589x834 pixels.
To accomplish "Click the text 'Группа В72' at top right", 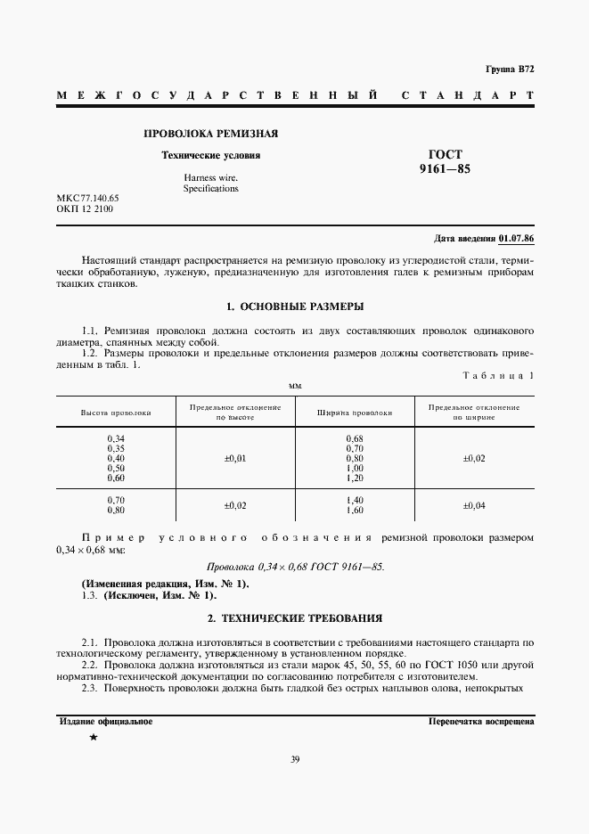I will point(510,69).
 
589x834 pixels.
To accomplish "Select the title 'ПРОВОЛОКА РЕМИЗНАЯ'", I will point(211,134).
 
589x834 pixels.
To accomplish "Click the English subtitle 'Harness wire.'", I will point(210,177).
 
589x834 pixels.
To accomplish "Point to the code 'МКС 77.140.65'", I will point(88,197).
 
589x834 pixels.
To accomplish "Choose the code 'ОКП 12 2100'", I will point(85,209).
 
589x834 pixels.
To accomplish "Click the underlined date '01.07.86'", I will point(517,239).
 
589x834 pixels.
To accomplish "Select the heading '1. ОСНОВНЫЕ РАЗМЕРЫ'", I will point(295,307).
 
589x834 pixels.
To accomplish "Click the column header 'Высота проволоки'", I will point(116,413).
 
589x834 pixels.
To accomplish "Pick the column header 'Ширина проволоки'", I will point(355,413).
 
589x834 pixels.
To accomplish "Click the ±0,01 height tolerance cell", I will point(235,458).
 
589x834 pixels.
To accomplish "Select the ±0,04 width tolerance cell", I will point(474,505).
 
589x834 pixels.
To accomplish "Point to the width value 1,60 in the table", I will point(355,511).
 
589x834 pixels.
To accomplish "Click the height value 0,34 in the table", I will point(116,438).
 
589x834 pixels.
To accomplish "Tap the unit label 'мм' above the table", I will point(295,386).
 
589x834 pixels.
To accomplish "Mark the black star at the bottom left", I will point(93,739).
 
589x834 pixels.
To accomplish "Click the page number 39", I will point(295,759).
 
